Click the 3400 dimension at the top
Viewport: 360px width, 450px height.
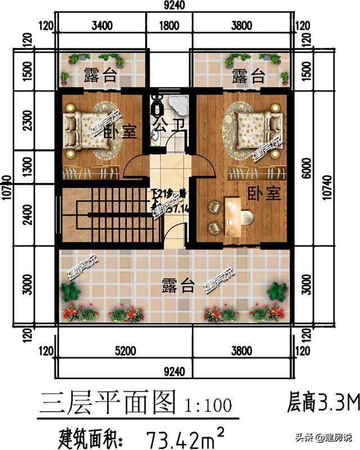tap(101, 25)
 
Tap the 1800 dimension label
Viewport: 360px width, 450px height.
tap(169, 25)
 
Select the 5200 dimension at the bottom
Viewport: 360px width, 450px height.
tap(125, 351)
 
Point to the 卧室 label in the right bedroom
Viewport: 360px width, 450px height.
tap(263, 194)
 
